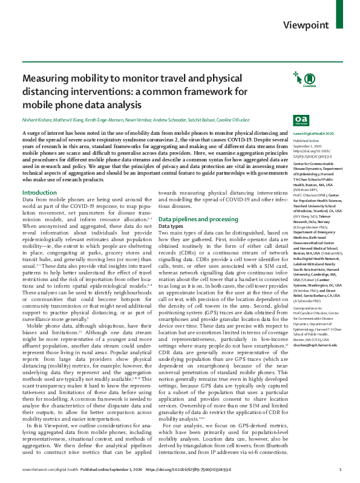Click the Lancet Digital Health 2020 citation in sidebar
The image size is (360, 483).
click(313, 132)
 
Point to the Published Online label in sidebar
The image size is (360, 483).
click(306, 139)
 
